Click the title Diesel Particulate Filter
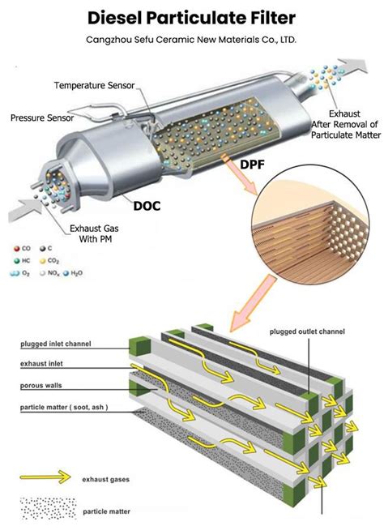pos(191,19)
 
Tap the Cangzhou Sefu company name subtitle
pos(191,40)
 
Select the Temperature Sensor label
pos(94,86)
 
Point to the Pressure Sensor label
pos(42,118)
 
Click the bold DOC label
pos(147,206)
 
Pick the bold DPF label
pos(253,165)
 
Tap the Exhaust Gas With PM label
pos(94,233)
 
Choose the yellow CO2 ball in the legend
pos(43,261)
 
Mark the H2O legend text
pos(76,273)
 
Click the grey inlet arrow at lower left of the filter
pos(25,211)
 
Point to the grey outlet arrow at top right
pos(352,66)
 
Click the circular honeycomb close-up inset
pos(310,224)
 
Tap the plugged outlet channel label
pos(307,331)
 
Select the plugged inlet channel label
pos(56,344)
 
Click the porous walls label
pos(41,386)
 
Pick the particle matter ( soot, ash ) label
pos(64,407)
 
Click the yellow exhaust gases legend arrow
pos(45,477)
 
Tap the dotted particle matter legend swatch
pos(48,508)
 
